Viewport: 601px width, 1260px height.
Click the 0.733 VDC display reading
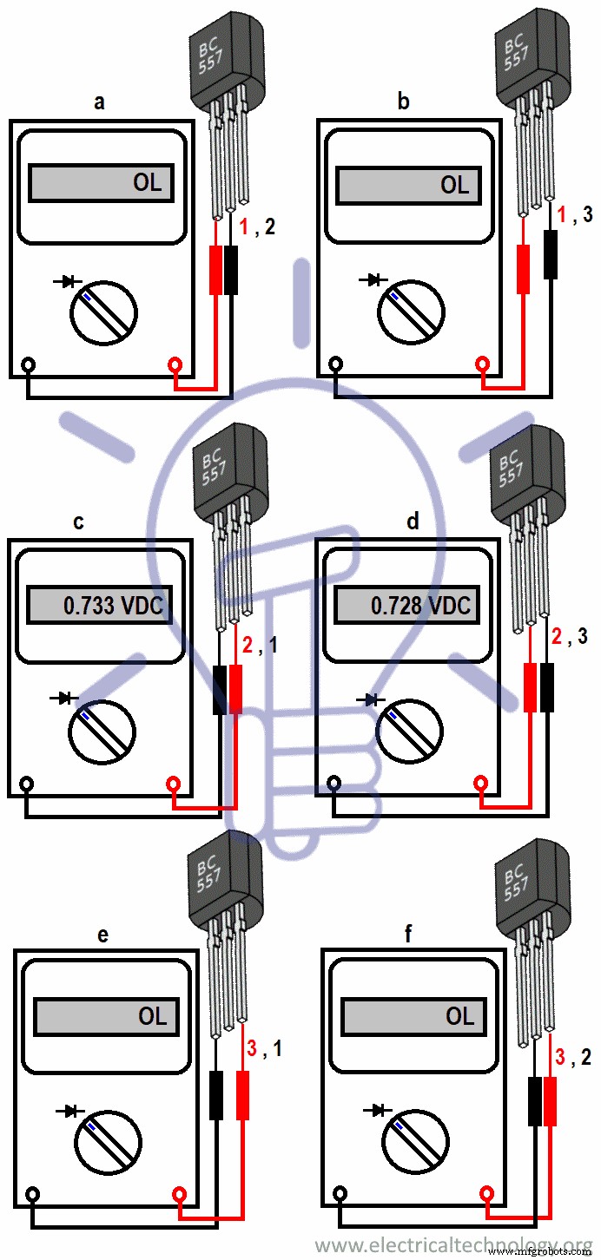click(113, 606)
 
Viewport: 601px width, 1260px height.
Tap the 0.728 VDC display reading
click(420, 605)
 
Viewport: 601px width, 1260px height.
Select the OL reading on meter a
click(147, 183)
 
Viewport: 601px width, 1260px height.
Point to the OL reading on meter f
click(460, 1016)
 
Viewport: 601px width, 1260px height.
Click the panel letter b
click(403, 102)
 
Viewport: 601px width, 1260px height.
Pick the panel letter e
click(102, 935)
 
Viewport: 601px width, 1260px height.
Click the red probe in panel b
click(523, 268)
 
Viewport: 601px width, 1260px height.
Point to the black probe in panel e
click(217, 1095)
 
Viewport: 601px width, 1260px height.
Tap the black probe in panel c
click(220, 690)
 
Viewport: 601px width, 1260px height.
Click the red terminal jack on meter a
click(176, 365)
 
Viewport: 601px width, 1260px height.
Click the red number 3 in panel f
click(560, 1056)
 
